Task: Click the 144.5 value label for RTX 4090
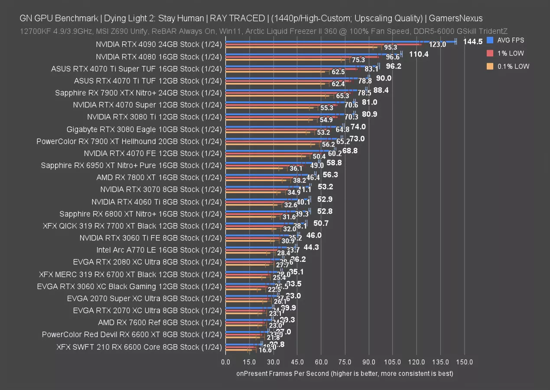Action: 473,42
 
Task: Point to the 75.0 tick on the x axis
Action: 345,362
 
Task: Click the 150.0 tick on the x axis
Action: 465,362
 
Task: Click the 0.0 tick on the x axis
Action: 225,362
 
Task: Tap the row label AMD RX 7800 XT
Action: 159,177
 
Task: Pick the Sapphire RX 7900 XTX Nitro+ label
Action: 138,93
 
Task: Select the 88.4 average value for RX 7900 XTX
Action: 381,90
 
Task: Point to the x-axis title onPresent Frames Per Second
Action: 345,374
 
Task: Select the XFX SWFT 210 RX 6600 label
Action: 139,347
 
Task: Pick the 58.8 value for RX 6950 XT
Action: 335,163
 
